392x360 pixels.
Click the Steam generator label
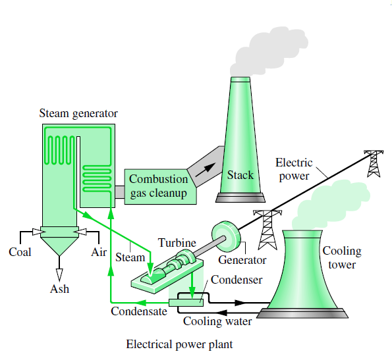78,114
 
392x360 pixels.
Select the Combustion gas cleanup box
157,186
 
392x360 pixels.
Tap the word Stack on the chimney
240,175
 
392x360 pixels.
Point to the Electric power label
293,169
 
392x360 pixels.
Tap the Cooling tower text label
341,258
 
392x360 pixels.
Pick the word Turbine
177,243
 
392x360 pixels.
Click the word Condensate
138,311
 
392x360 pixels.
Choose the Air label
98,252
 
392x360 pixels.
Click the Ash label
59,289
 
